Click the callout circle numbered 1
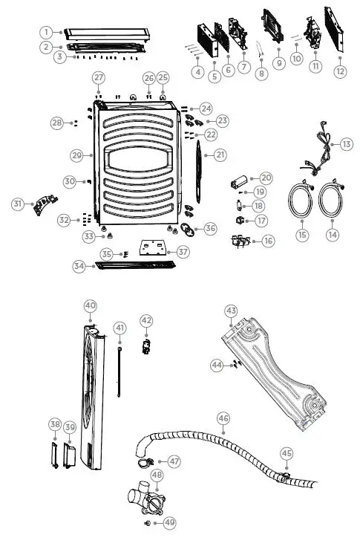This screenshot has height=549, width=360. coord(46,32)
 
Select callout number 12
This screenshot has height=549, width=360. coord(340,72)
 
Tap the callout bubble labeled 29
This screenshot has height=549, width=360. coord(76,156)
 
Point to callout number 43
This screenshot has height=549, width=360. coord(231,310)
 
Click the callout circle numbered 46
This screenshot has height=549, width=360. coord(223,419)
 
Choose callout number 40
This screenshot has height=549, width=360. coord(90,306)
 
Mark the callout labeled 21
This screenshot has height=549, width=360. coord(220,155)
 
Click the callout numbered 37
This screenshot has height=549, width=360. coord(183,252)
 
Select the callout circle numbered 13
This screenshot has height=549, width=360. coord(347,144)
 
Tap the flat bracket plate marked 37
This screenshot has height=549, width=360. coord(155,246)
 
